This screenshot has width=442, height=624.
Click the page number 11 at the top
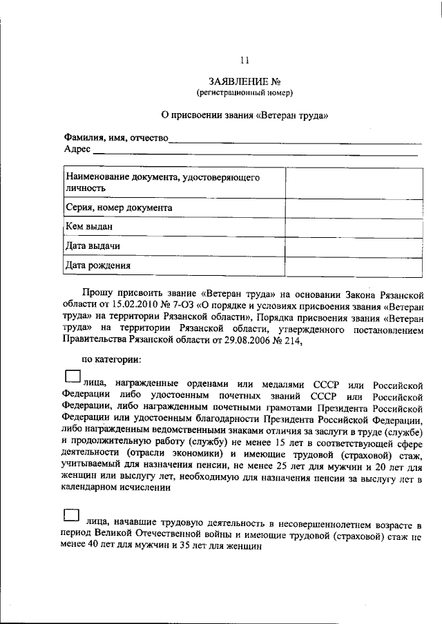click(235, 59)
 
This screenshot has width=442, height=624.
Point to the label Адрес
click(77, 149)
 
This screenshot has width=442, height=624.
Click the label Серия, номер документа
click(118, 207)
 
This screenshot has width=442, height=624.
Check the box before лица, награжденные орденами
click(72, 376)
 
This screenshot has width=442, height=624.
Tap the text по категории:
click(112, 359)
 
